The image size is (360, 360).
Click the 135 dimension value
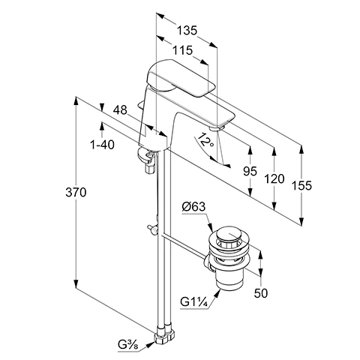187,31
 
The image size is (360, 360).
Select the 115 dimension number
183,50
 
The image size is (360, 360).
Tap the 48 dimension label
120,110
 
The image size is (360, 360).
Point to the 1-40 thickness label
102,145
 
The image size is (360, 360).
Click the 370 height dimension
76,193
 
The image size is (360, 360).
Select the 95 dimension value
250,171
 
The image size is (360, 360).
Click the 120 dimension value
274,179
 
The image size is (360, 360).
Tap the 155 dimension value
301,185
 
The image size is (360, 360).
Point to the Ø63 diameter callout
193,207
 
